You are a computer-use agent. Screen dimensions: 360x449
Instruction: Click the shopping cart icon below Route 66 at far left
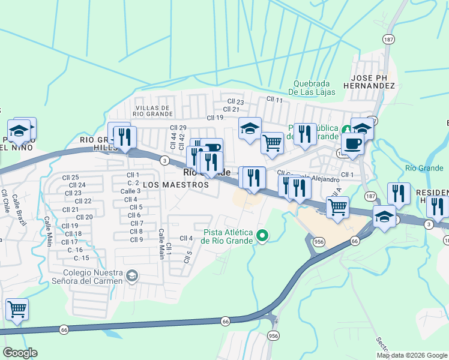pyautogui.click(x=17, y=310)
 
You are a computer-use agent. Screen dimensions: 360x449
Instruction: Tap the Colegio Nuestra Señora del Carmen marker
pyautogui.click(x=132, y=276)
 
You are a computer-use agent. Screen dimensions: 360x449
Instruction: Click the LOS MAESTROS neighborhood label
pyautogui.click(x=176, y=185)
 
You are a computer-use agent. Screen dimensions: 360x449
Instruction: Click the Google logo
pyautogui.click(x=20, y=353)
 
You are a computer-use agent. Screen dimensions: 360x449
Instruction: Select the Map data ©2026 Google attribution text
pyautogui.click(x=412, y=355)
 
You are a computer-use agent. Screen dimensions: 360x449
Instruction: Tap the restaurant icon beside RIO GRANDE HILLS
pyautogui.click(x=125, y=136)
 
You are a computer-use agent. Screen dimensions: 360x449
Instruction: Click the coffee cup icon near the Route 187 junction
pyautogui.click(x=353, y=144)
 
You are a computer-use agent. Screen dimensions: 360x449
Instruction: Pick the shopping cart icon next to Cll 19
pyautogui.click(x=272, y=143)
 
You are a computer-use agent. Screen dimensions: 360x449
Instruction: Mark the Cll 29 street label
pyautogui.click(x=178, y=128)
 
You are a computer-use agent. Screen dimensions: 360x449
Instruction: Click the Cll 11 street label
pyautogui.click(x=274, y=100)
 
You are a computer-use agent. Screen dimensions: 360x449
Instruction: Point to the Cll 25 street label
pyautogui.click(x=70, y=178)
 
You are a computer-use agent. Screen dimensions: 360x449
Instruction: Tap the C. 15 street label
pyautogui.click(x=81, y=258)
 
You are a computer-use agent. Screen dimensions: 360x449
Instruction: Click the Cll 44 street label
pyautogui.click(x=173, y=142)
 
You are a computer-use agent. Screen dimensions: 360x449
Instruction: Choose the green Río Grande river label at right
pyautogui.click(x=419, y=168)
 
